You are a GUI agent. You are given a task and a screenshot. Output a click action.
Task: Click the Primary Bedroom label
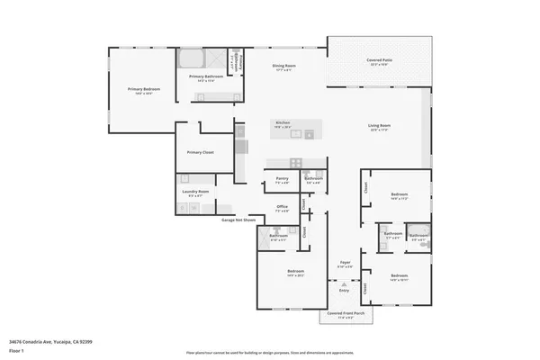(139, 90)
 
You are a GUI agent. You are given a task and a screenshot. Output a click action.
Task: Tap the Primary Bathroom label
(206, 77)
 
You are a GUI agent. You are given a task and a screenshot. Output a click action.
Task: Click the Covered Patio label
(378, 61)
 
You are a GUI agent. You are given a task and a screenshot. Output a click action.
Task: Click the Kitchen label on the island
(282, 123)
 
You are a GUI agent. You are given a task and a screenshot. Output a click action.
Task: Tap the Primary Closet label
(200, 153)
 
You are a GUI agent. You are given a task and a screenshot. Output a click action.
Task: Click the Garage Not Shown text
(238, 220)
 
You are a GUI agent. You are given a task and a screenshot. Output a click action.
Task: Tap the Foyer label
(344, 262)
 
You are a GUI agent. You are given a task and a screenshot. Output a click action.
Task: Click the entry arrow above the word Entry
(344, 283)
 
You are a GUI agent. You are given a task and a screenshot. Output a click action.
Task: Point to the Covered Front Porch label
(346, 314)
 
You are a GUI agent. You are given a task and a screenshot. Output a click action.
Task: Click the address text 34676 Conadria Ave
(50, 341)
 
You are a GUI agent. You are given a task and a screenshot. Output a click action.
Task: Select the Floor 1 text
(16, 349)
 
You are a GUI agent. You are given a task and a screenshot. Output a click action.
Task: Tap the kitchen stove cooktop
(240, 147)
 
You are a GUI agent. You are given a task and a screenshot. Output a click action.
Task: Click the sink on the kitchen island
(307, 135)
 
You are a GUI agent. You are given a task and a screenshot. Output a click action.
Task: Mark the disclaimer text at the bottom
(270, 353)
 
